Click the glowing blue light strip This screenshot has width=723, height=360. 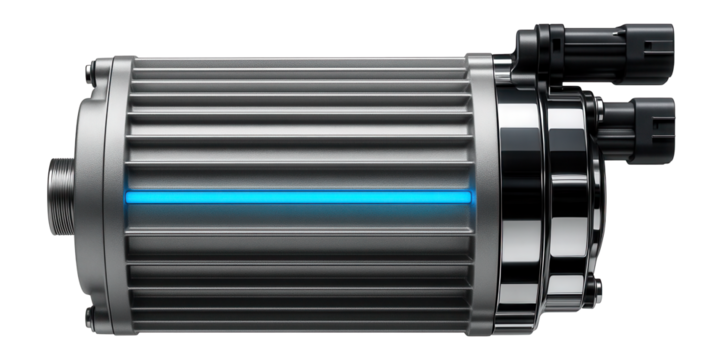click(x=300, y=198)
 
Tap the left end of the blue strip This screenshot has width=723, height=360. click(x=128, y=198)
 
